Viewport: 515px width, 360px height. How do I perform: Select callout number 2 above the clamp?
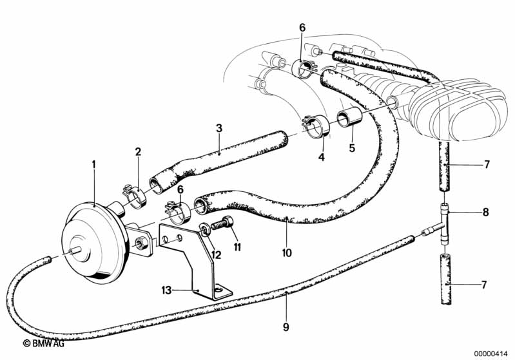pos(137,152)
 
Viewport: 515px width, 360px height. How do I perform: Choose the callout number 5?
pos(351,148)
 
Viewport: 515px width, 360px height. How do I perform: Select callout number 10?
pos(287,252)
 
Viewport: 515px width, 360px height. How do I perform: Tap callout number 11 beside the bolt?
pos(237,246)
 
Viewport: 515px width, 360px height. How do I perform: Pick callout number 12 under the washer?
pos(217,255)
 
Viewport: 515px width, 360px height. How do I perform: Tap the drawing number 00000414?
pos(491,352)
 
